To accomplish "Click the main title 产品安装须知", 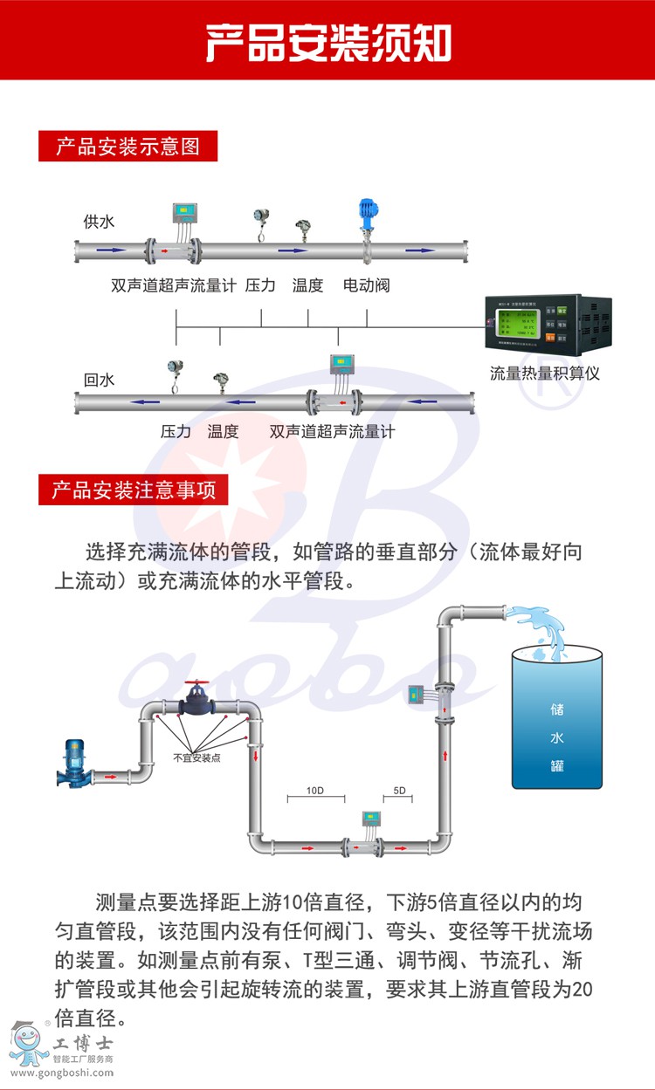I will pyautogui.click(x=328, y=41).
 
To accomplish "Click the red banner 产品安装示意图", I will pyautogui.click(x=128, y=146).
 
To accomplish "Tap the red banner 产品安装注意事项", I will pyautogui.click(x=133, y=490).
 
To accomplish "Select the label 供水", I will pyautogui.click(x=99, y=222).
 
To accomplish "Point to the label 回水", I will pyautogui.click(x=99, y=380).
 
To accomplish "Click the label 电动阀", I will pyautogui.click(x=366, y=285).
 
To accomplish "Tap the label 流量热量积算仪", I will pyautogui.click(x=545, y=374).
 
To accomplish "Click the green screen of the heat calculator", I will pyautogui.click(x=515, y=324).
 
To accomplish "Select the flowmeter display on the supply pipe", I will pyautogui.click(x=184, y=211).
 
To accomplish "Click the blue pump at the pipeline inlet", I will pyautogui.click(x=73, y=762).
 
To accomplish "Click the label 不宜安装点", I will pyautogui.click(x=196, y=758).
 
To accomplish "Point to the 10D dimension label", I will pyautogui.click(x=315, y=791).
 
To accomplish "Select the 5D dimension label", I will pyautogui.click(x=400, y=791).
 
